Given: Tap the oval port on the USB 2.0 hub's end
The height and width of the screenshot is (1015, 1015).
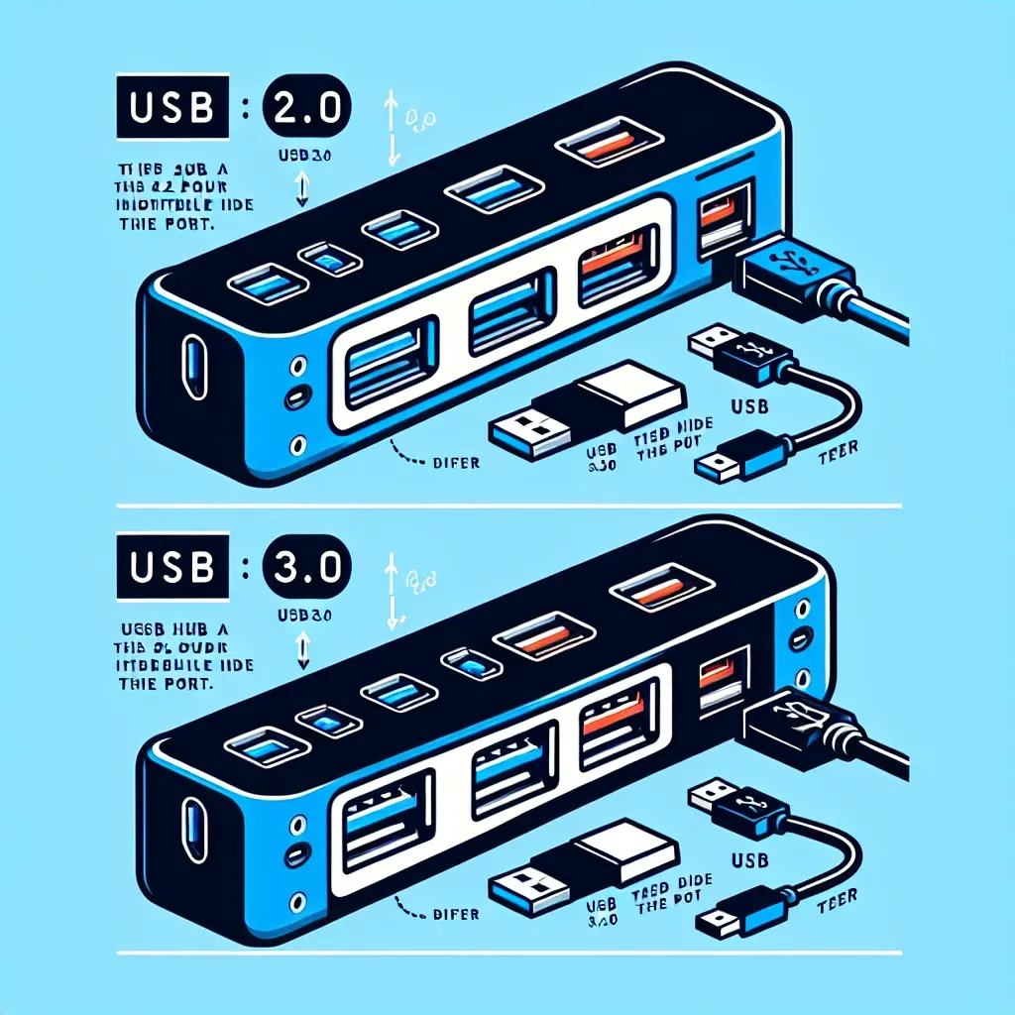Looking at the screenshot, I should click(x=192, y=357).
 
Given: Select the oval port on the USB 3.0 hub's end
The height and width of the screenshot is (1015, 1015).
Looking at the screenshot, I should click(x=192, y=819).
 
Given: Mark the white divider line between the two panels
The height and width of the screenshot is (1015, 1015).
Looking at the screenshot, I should click(x=507, y=507).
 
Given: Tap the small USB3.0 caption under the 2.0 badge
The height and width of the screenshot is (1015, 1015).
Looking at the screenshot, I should click(x=304, y=154).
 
